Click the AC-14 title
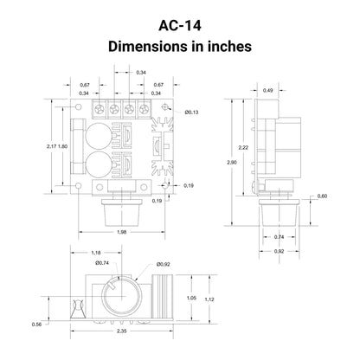tap(180, 25)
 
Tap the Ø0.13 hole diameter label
tap(192, 112)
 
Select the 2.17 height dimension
tap(52, 146)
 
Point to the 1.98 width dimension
tap(122, 232)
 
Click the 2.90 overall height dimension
tap(232, 163)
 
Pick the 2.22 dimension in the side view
tap(243, 147)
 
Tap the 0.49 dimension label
tap(268, 90)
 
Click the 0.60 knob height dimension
tap(322, 196)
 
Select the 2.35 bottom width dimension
tap(122, 331)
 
